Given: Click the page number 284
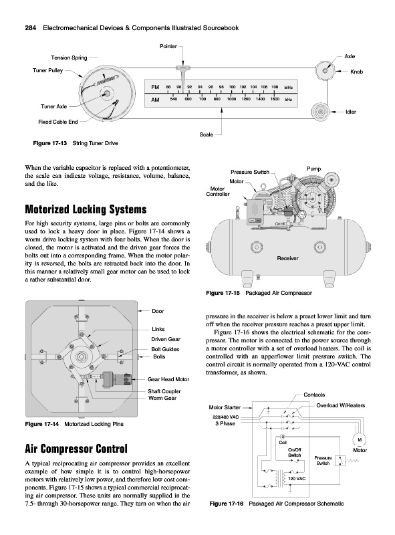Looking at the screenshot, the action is click(x=31, y=28).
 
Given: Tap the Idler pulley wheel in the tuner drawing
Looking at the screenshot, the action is click(x=321, y=112).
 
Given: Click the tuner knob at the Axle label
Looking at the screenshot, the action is click(x=325, y=71).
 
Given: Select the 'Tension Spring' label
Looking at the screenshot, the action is click(x=69, y=58).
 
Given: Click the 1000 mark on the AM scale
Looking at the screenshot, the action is click(x=232, y=99).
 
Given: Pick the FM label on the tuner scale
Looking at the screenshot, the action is click(x=155, y=88).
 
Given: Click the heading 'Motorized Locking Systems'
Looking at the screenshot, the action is click(x=86, y=209).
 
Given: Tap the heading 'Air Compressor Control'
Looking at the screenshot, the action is click(x=76, y=449).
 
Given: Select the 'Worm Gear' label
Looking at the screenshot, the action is click(x=162, y=398).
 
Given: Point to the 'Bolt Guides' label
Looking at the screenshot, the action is click(x=165, y=349).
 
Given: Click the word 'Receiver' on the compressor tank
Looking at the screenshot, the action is click(x=287, y=258).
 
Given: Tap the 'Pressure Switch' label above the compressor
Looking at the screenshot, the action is click(x=250, y=172).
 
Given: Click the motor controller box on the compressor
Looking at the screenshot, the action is click(x=255, y=211).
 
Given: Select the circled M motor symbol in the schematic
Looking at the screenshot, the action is click(x=360, y=439).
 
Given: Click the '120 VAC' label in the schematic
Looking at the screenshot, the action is click(x=297, y=478).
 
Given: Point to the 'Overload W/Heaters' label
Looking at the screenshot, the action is click(x=340, y=405).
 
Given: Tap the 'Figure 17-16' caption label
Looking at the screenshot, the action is click(x=226, y=504).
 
